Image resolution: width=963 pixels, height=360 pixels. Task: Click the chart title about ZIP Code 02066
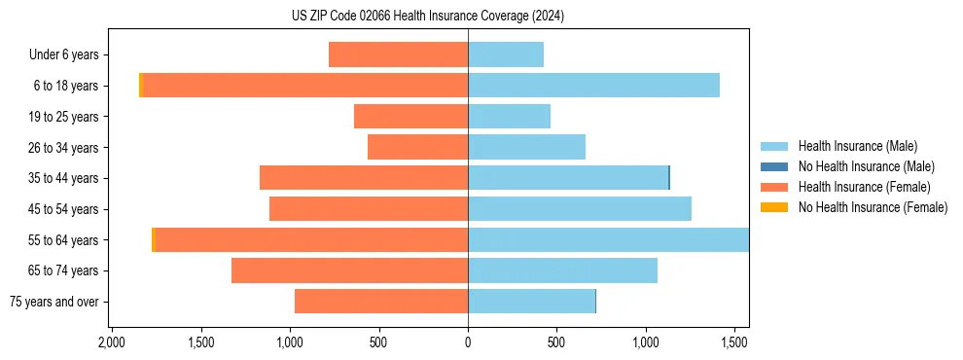click(427, 17)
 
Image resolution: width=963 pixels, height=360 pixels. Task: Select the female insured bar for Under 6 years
click(398, 54)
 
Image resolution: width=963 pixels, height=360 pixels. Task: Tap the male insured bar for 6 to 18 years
click(593, 86)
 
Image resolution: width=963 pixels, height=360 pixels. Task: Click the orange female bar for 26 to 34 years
click(417, 147)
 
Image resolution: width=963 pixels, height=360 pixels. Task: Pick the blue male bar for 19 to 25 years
click(509, 117)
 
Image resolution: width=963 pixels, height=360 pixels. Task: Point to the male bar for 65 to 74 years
click(562, 270)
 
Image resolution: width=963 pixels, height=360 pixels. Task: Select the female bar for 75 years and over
click(381, 302)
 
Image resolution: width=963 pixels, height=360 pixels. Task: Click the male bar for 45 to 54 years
click(580, 209)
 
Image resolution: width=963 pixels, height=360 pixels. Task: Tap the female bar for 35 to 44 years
click(364, 178)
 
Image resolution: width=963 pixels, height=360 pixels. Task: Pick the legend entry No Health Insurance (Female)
click(872, 207)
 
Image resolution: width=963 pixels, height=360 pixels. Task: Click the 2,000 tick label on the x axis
click(112, 343)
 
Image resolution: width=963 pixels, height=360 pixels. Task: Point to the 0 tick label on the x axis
click(468, 343)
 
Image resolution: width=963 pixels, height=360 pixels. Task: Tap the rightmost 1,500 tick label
click(734, 343)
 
